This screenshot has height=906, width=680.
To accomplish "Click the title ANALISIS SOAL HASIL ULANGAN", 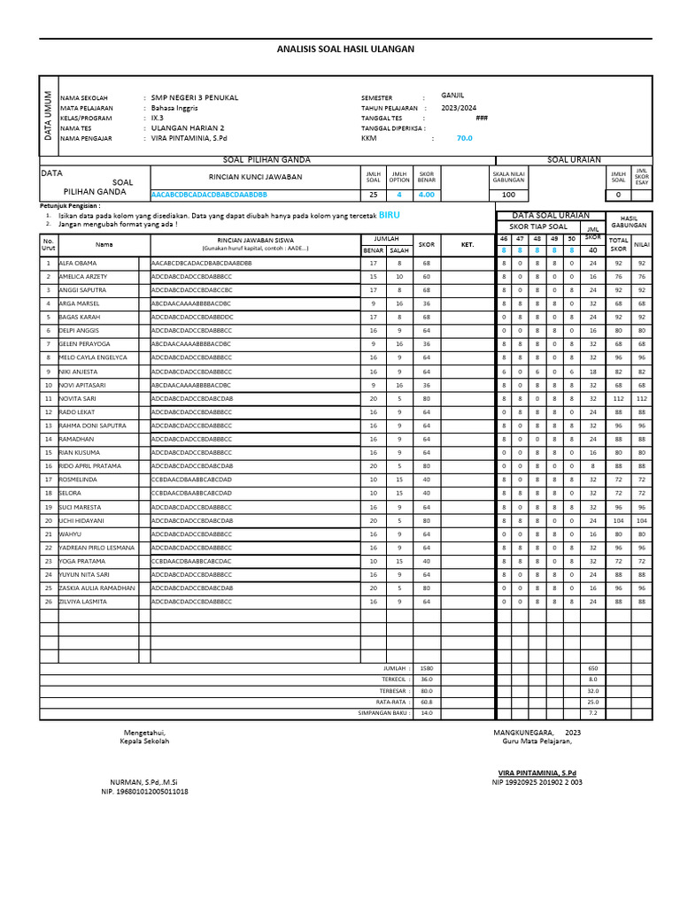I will pos(345,50).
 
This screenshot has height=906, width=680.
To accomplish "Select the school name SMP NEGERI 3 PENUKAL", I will pos(194,97).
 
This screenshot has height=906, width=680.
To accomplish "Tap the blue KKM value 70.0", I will pos(464,138).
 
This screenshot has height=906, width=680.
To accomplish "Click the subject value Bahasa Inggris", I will pos(174,108).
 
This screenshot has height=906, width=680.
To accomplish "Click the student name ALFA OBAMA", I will pos(78,264).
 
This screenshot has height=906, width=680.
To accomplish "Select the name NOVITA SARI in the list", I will pos(80,399).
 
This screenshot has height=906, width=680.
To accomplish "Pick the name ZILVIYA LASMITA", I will pos(82,602).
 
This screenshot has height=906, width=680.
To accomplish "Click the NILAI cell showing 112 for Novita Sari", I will pos(642,399).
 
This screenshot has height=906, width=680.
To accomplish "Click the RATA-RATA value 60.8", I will pos(427,701).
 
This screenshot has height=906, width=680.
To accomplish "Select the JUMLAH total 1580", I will pos(427,668).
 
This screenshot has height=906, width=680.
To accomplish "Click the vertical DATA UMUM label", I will pos(49,117).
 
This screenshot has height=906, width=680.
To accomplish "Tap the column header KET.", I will pos(467,244).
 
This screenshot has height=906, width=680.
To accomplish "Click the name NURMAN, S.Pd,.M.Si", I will pos(143,782).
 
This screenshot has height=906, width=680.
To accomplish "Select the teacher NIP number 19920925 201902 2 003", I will pos(537,782).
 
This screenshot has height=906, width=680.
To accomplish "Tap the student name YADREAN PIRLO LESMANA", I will pos(97,548).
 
